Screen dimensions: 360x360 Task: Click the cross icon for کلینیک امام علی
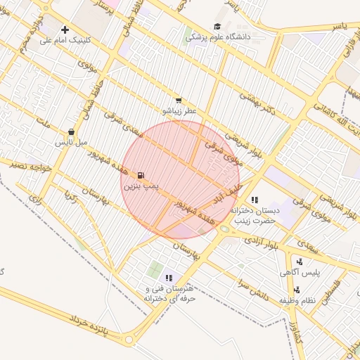point(65,30)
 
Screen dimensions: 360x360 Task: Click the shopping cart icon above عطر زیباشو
point(179,101)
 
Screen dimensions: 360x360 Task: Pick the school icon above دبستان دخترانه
point(255,200)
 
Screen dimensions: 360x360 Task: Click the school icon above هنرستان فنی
point(169,278)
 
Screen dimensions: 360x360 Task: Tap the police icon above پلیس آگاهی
point(301,262)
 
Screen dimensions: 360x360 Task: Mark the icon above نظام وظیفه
point(296,290)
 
